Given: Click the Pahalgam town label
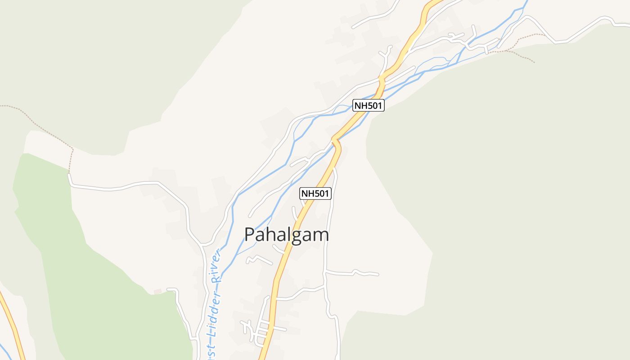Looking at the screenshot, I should [x=286, y=235].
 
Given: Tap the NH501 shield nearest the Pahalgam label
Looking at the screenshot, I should [x=315, y=193].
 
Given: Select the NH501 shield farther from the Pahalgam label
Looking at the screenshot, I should [x=368, y=106].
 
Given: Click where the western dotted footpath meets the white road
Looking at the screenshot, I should [x=69, y=174].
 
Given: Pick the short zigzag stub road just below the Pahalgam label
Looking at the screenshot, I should [x=258, y=259].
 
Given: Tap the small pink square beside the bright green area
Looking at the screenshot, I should [x=157, y=292].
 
